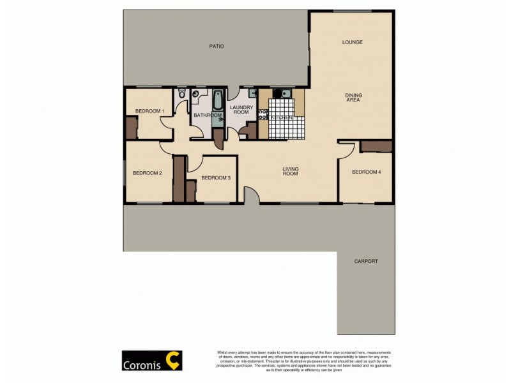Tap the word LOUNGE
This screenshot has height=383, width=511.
pos(352,43)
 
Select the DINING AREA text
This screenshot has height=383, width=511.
pos(353,98)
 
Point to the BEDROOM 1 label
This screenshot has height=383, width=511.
pos(150,112)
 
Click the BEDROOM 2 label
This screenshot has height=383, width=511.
pos(147,173)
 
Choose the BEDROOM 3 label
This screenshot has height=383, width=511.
pos(215,178)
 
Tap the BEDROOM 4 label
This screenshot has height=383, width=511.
pos(367,171)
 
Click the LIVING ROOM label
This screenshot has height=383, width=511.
pos(291,171)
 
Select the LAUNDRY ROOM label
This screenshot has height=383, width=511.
pos(242,110)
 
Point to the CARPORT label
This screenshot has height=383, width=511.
pos(366,262)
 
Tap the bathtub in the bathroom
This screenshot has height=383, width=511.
pos(218,101)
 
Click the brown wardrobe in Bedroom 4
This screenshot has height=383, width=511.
pos(376,146)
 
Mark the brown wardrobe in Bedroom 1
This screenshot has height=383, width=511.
pos(130,128)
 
